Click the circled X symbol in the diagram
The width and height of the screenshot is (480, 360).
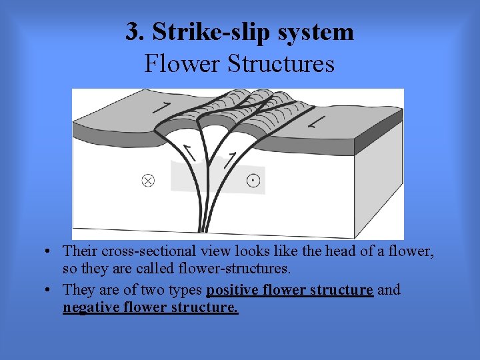pyautogui.click(x=148, y=180)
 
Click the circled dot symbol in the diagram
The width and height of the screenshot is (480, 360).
pyautogui.click(x=253, y=180)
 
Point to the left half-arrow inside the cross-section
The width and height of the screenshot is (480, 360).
pyautogui.click(x=191, y=153)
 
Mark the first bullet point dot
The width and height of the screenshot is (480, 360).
pyautogui.click(x=51, y=252)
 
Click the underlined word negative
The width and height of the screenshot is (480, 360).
pyautogui.click(x=88, y=308)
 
